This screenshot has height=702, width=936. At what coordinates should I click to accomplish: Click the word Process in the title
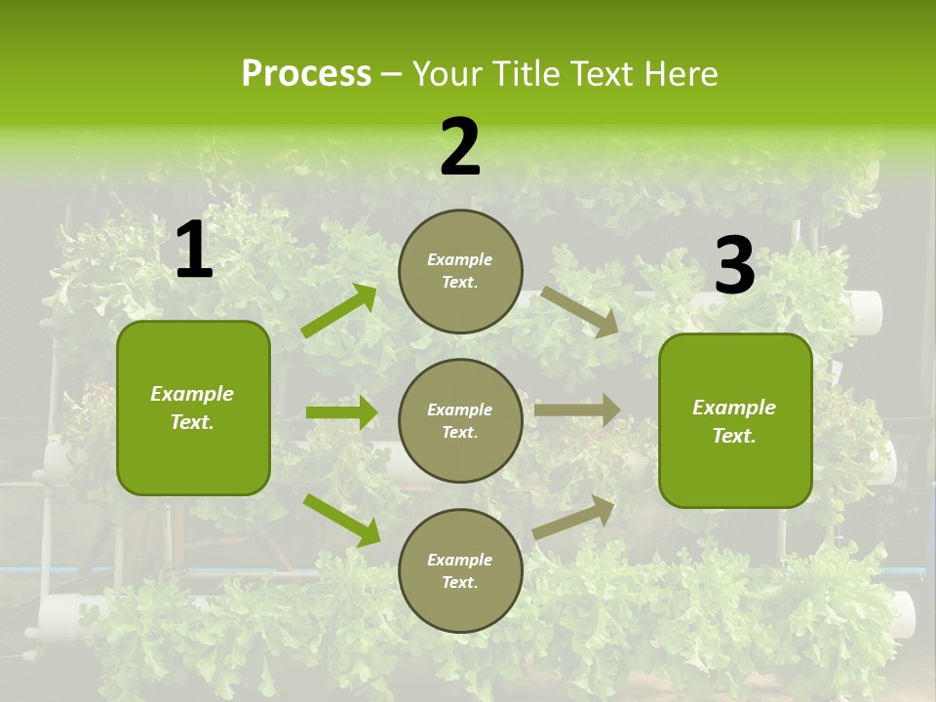pyautogui.click(x=306, y=74)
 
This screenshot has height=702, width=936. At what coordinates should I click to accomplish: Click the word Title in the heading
pyautogui.click(x=526, y=74)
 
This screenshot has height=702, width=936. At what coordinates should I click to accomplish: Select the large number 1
pyautogui.click(x=194, y=251)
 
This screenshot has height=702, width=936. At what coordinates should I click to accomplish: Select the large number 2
pyautogui.click(x=460, y=147)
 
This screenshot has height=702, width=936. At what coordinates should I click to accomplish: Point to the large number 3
pyautogui.click(x=734, y=265)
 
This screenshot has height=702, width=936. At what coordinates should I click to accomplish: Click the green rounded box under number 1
pyautogui.click(x=193, y=408)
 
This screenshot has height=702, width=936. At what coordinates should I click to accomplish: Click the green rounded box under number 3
pyautogui.click(x=735, y=420)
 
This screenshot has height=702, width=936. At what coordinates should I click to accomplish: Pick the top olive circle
pyautogui.click(x=460, y=271)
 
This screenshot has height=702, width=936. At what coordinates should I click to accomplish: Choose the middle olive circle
pyautogui.click(x=460, y=420)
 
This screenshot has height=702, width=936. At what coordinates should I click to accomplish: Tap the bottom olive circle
pyautogui.click(x=460, y=570)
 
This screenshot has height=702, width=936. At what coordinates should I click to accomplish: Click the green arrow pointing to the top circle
pyautogui.click(x=339, y=311)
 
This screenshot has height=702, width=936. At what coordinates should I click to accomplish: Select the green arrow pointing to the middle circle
pyautogui.click(x=341, y=412)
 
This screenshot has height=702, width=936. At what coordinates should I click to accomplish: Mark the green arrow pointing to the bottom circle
pyautogui.click(x=341, y=520)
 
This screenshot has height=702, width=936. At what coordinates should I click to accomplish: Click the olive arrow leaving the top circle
pyautogui.click(x=580, y=312)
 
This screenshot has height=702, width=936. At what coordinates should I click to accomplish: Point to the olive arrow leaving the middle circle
pyautogui.click(x=577, y=410)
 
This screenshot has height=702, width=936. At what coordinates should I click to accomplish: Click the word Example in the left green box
pyautogui.click(x=192, y=394)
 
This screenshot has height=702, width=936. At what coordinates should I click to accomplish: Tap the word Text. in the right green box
pyautogui.click(x=734, y=436)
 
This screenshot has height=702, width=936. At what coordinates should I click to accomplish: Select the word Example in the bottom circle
pyautogui.click(x=459, y=560)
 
